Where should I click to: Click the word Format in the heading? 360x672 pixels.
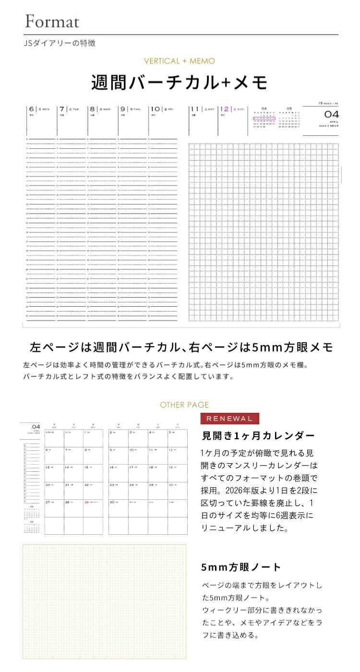(x=52, y=21)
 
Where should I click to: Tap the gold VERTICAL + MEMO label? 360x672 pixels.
(x=180, y=61)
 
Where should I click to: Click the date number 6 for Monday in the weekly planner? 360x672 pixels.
(x=31, y=109)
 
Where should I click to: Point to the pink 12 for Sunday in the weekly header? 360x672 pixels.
(x=224, y=109)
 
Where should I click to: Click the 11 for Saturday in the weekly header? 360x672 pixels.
(x=194, y=109)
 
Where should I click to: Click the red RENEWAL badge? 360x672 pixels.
(x=229, y=418)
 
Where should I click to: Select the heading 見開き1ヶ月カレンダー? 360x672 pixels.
(x=258, y=436)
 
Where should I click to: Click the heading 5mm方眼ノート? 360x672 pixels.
(x=241, y=567)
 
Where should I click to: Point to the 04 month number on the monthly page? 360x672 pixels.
(x=36, y=426)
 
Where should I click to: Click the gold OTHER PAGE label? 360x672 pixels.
(x=184, y=405)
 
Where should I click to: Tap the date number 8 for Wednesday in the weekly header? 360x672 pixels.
(x=93, y=109)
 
